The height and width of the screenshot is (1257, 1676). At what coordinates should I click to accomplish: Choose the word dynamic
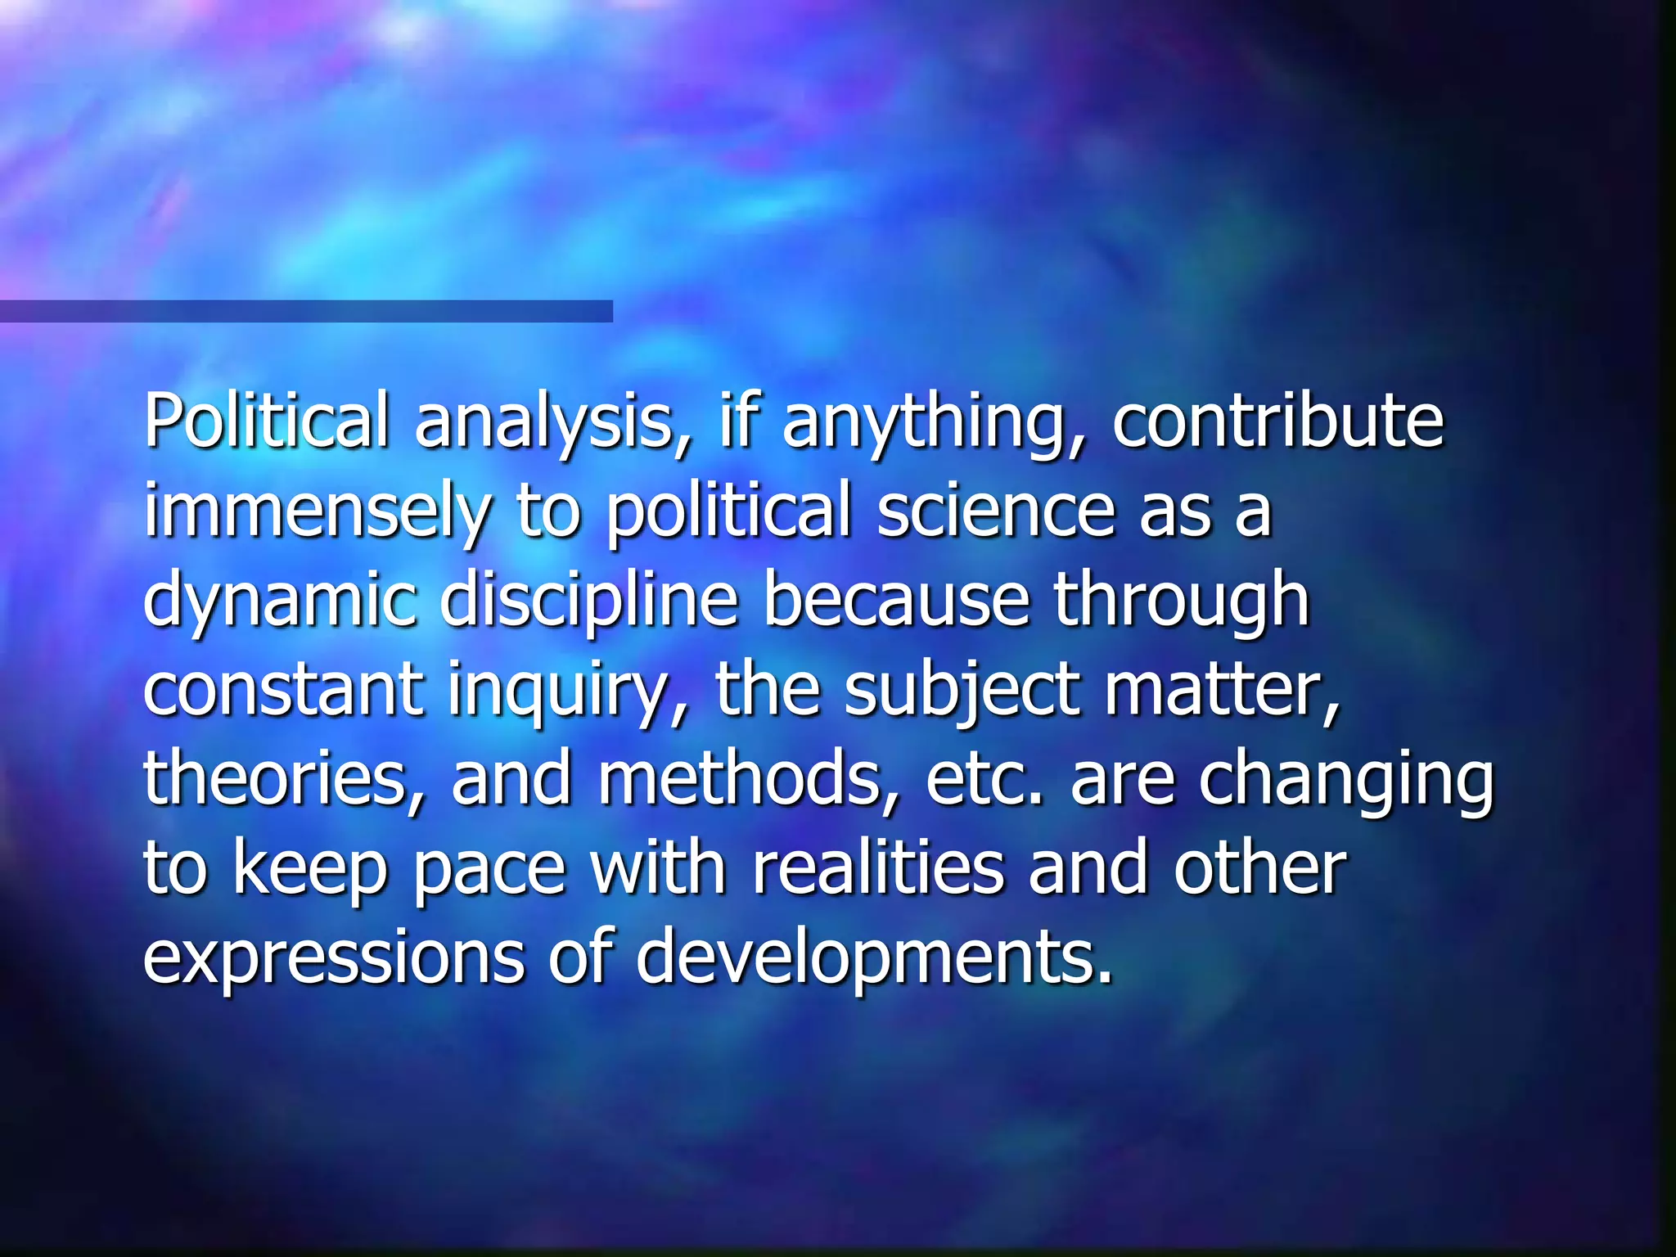coord(279,602)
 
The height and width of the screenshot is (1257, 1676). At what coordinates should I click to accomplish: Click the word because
coord(895,601)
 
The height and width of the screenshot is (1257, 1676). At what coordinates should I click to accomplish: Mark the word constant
coord(283,689)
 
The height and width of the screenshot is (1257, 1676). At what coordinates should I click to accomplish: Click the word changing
coord(1346,781)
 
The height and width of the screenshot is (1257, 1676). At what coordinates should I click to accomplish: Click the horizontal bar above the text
coord(306,311)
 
